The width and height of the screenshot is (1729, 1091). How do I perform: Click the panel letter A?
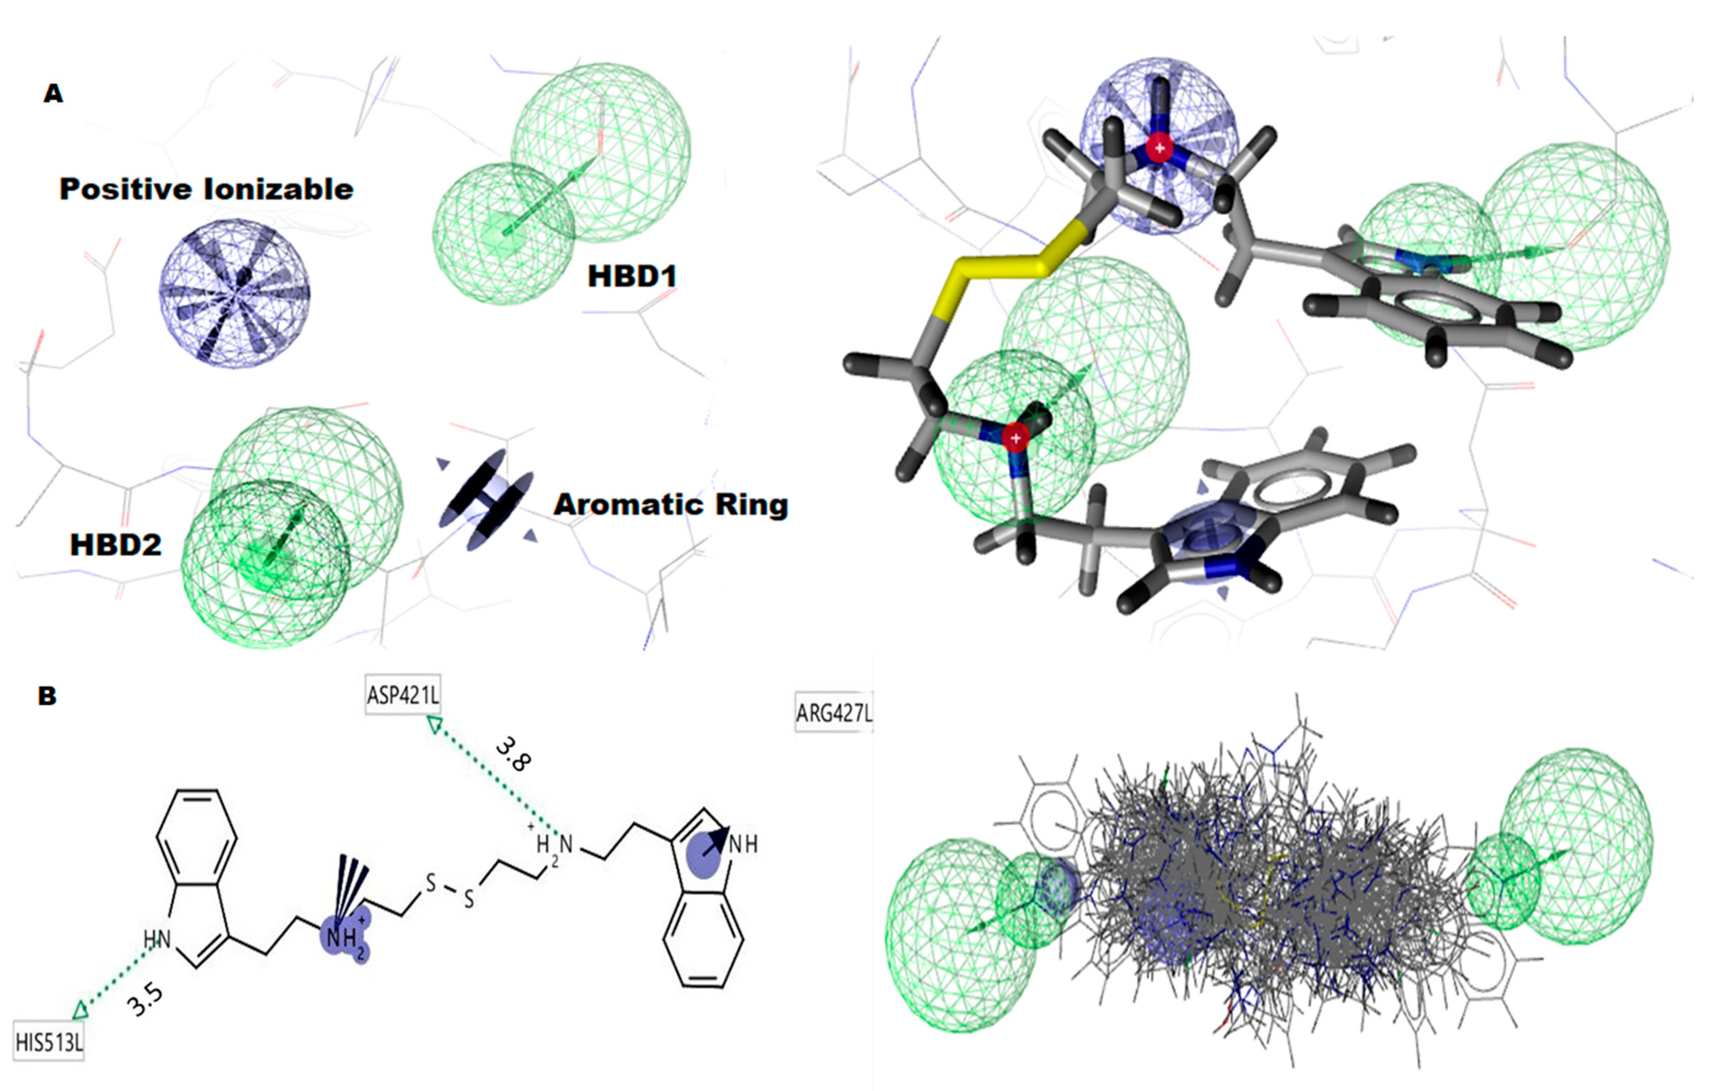coord(53,94)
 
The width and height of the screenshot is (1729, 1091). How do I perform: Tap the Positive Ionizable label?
coord(206,190)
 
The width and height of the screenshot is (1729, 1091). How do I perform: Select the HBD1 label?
coord(632,276)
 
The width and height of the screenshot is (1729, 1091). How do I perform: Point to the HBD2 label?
coord(115,545)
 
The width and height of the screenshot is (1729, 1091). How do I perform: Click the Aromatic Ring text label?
coord(670,505)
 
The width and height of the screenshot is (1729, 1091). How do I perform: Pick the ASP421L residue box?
coord(403,695)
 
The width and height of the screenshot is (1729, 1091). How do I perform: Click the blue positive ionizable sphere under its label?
coord(234,293)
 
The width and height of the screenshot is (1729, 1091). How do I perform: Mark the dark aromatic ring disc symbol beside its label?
coord(486,501)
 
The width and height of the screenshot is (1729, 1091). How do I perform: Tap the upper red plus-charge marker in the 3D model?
coord(1159,148)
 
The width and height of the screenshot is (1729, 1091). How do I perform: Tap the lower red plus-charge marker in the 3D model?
coord(1015,437)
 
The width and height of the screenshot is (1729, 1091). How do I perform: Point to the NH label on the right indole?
coord(743,845)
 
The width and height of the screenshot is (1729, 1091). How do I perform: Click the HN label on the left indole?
coord(156,939)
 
